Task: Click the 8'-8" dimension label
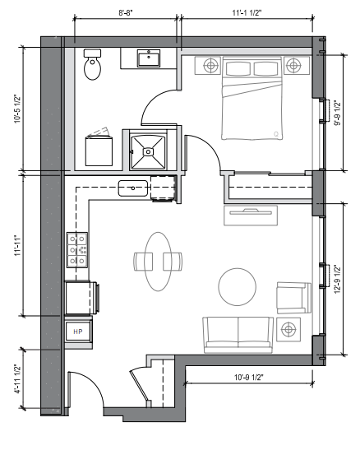coord(126,13)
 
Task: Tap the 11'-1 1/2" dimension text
coord(247,13)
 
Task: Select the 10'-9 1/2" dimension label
coord(249,377)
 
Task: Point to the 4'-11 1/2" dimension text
coord(18,378)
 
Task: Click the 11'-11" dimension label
coord(18,246)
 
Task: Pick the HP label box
coord(78,332)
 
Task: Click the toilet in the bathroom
coord(92,64)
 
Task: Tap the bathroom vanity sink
coord(149,58)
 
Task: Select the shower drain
coord(148,151)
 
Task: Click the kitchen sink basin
coord(133,188)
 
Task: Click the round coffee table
coord(238,287)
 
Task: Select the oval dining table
coord(159,262)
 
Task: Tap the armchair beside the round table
coord(293,298)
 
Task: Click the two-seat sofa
coord(238,335)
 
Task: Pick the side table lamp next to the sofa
coord(288,329)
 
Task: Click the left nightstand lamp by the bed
coord(210,66)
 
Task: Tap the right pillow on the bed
coord(266,68)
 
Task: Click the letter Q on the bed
coord(276,134)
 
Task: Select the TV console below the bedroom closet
coord(251,216)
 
